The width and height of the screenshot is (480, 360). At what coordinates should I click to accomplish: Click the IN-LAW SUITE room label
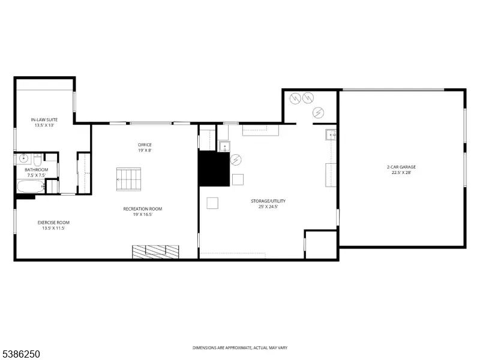tap(44, 119)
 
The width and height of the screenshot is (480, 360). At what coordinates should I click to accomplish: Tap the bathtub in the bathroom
tap(31, 186)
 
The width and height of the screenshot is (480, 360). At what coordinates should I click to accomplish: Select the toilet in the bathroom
tap(37, 160)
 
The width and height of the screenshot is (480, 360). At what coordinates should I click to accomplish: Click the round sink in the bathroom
tap(23, 158)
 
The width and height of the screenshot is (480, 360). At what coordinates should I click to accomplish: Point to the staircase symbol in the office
tap(128, 179)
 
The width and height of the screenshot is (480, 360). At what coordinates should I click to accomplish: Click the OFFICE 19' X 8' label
tap(145, 148)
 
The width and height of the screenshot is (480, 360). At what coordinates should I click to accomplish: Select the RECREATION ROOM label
tap(143, 209)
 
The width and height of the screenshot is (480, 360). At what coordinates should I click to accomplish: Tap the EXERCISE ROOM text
tap(53, 223)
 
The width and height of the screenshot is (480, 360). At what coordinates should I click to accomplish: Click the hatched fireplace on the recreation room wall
tap(155, 251)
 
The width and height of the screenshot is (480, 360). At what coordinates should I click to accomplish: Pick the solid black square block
tap(214, 169)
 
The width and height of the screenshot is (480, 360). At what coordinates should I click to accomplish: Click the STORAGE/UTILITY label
tap(268, 201)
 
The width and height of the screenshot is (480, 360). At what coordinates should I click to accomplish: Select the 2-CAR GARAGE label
tap(401, 167)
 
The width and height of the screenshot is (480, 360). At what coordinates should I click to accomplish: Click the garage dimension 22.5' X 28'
tap(401, 172)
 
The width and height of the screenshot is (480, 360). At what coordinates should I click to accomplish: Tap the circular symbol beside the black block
tap(236, 160)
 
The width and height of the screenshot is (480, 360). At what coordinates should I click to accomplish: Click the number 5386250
tap(20, 354)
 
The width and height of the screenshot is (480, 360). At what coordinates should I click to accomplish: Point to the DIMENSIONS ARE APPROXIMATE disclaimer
tap(240, 348)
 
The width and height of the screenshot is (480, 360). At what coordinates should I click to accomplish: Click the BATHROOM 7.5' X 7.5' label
tap(37, 172)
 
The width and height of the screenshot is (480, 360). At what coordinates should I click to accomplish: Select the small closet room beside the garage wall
tap(321, 245)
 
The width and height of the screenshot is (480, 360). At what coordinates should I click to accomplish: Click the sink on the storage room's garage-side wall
tap(331, 134)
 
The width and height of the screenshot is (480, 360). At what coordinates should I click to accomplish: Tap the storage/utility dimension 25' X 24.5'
tap(268, 206)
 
